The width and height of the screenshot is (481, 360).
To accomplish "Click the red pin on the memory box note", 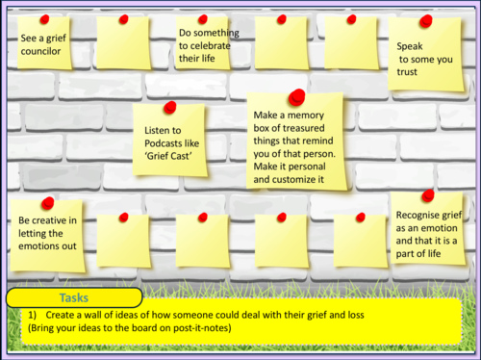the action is pyautogui.click(x=297, y=96).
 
